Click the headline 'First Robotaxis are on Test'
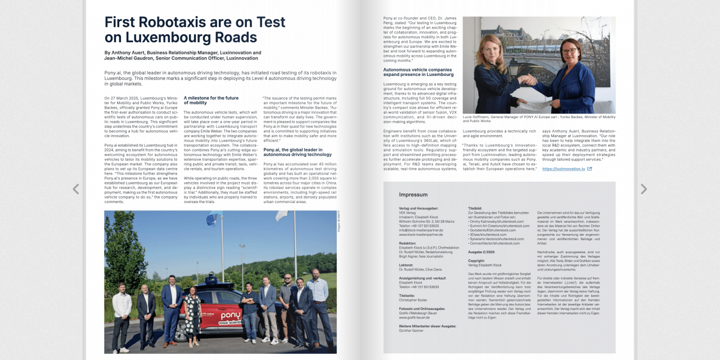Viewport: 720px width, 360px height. tap(195, 22)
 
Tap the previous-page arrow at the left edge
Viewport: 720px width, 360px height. tap(76, 190)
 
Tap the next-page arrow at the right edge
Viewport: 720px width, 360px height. tap(643, 190)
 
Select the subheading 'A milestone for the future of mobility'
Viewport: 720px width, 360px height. tap(211, 100)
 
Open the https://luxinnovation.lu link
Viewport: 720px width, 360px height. tap(563, 169)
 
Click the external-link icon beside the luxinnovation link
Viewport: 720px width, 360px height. tap(589, 169)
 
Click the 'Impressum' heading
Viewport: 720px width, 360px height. tap(413, 195)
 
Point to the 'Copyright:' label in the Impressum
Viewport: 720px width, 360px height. tap(476, 261)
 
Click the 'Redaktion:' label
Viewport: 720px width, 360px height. tap(407, 243)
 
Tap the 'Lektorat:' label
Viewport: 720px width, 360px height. tap(406, 265)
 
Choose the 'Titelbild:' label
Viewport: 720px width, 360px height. tap(475, 209)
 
